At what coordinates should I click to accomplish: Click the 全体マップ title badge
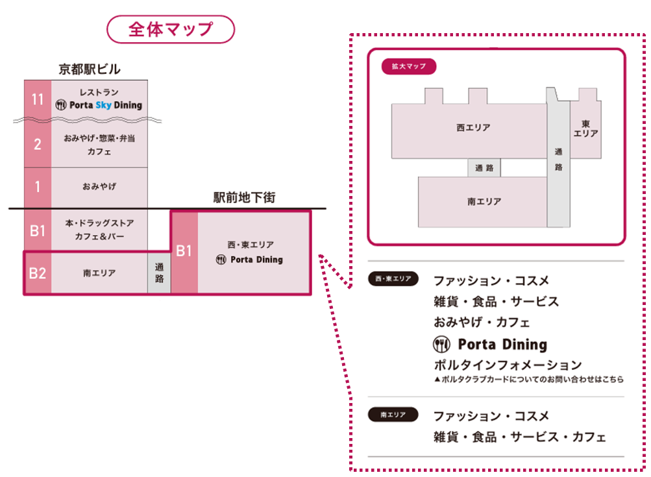point(170,30)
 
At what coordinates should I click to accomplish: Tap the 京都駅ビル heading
point(90,69)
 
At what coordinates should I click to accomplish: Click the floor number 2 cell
point(37,144)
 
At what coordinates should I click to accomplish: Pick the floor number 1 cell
point(37,187)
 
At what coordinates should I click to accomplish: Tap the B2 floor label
point(37,273)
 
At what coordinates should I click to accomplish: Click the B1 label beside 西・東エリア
point(184,251)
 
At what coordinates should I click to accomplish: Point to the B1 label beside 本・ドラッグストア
point(37,230)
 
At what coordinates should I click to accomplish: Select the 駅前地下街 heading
point(244,198)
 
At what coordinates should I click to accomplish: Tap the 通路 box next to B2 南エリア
point(159,273)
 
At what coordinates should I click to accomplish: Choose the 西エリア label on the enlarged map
point(473,128)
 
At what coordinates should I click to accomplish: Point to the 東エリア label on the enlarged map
point(585,128)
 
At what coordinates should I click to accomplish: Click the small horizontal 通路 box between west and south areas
point(484,168)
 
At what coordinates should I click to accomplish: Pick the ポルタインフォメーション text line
point(508,365)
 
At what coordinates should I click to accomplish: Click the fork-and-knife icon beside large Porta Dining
point(441,344)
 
